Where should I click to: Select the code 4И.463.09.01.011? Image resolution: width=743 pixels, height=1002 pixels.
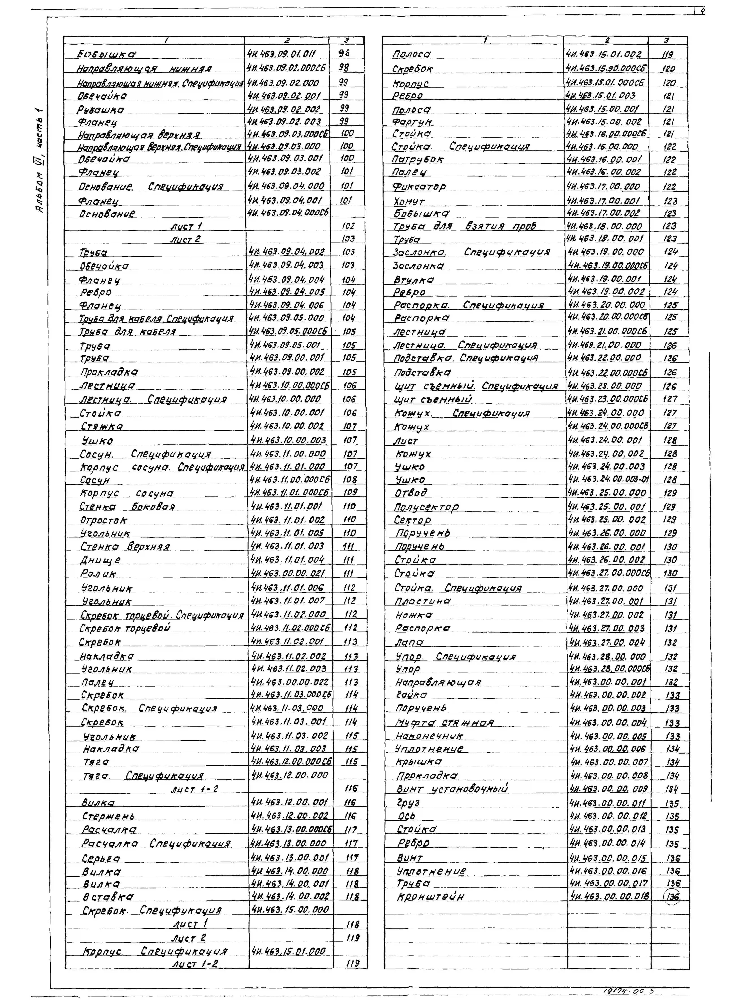pos(282,54)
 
